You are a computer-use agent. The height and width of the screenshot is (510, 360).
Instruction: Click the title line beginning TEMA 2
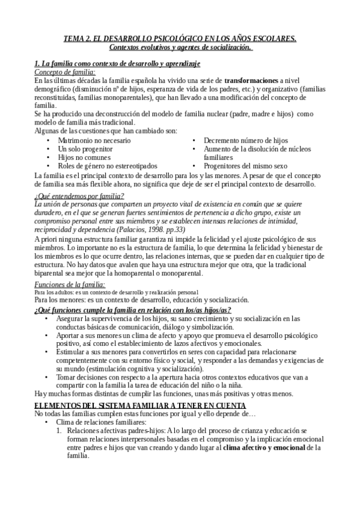(180, 39)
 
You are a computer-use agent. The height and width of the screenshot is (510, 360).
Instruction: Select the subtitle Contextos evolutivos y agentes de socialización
(180, 48)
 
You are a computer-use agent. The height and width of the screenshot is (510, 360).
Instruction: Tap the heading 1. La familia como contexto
(117, 63)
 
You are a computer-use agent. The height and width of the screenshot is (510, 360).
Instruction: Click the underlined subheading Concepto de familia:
(65, 72)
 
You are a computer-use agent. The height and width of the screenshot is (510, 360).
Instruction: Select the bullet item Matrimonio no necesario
(94, 140)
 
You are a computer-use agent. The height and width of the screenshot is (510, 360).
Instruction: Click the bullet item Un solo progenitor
(85, 149)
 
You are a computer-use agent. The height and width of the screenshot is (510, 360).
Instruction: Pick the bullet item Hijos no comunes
(84, 157)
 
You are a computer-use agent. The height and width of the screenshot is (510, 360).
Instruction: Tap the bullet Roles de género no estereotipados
(108, 165)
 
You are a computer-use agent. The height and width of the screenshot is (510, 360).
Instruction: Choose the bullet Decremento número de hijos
(246, 140)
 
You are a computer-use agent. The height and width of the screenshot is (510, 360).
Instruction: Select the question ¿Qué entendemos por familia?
(79, 195)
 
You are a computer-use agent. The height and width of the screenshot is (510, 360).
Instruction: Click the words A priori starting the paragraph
(46, 239)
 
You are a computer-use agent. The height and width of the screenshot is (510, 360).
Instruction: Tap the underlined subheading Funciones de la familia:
(70, 284)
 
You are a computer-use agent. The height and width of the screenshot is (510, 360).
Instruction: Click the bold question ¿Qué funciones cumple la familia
(133, 309)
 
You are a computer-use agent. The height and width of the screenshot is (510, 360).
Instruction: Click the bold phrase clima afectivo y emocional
(265, 447)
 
